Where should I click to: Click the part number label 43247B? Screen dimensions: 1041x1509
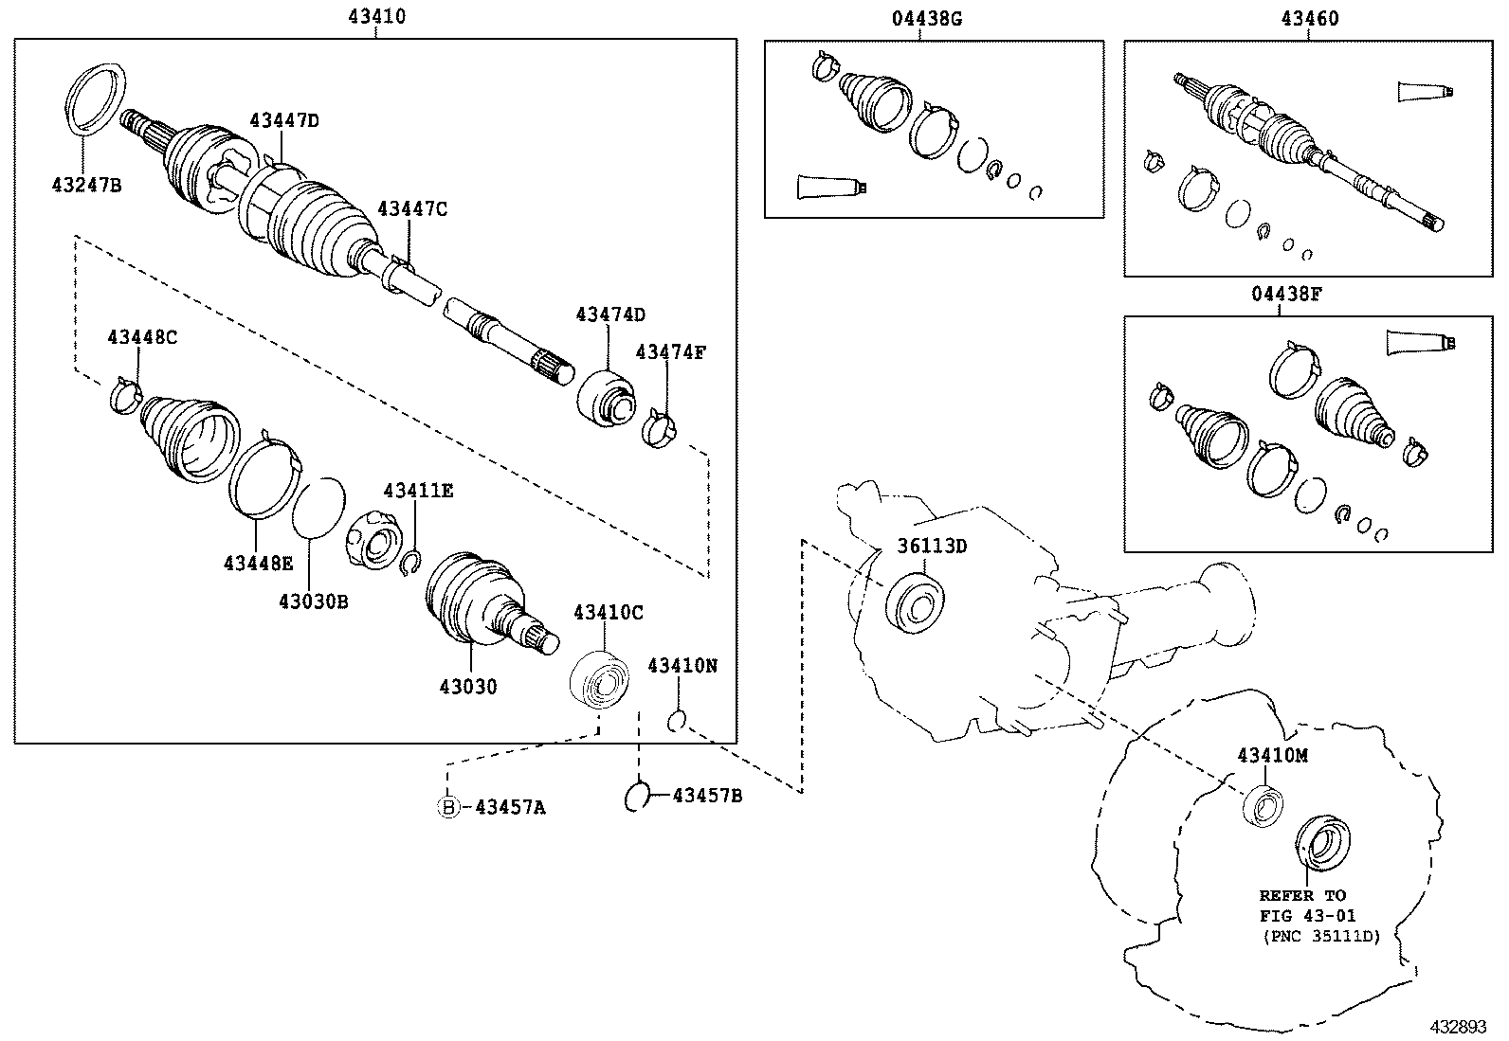point(86,185)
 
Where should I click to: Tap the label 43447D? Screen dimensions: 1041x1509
point(284,120)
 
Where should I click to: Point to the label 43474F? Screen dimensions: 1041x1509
point(671,351)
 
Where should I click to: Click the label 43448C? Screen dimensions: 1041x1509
point(142,336)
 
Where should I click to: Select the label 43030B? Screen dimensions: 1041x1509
point(313,601)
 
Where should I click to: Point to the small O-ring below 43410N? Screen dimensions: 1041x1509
point(677,722)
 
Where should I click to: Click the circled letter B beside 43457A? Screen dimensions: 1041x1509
point(447,807)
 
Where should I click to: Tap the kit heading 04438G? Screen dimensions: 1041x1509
point(926,19)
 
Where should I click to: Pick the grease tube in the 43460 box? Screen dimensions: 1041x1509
point(1425,91)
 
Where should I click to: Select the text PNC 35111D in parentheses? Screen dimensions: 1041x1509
point(1321,935)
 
